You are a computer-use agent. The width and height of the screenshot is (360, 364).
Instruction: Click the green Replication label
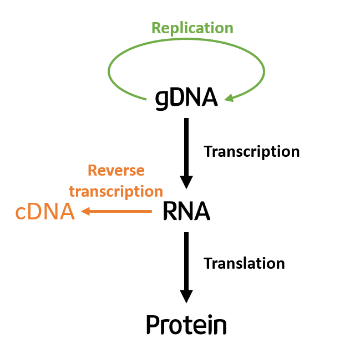tap(192, 28)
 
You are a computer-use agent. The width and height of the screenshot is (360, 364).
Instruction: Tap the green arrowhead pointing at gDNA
tap(229, 99)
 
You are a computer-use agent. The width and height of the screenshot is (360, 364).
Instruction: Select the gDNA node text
tap(186, 98)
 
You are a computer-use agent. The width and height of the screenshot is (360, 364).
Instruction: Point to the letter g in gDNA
tap(161, 100)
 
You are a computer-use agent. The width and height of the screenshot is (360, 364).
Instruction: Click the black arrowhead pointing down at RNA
tap(186, 182)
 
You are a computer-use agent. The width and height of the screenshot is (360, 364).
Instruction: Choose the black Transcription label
tap(252, 151)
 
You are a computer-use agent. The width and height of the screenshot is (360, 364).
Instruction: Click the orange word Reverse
tap(116, 171)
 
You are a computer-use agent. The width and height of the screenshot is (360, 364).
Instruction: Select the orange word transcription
tap(116, 191)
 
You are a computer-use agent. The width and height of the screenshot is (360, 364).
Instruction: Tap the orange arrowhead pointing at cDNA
tap(86, 211)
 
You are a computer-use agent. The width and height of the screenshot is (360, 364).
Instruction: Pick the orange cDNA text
tap(45, 212)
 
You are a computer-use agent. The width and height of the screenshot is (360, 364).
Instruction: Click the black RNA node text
tap(186, 211)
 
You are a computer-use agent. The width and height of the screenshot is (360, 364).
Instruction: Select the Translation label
tap(244, 263)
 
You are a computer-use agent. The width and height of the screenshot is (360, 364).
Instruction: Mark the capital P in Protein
tap(153, 325)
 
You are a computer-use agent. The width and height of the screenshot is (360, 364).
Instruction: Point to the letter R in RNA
tap(170, 211)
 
